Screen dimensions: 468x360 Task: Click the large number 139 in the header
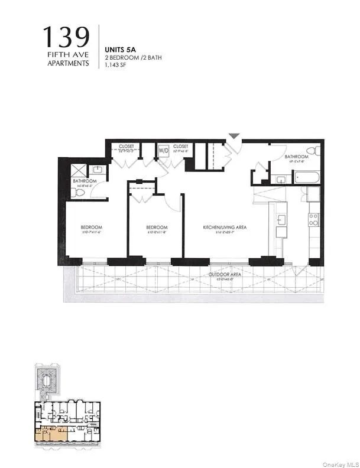click(66, 38)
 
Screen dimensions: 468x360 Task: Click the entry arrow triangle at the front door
click(234, 136)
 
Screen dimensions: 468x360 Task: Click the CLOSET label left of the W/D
click(127, 146)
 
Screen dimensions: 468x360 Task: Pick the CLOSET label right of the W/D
click(181, 146)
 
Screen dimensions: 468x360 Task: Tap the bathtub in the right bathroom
click(306, 177)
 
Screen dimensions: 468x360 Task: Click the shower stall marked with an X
click(79, 170)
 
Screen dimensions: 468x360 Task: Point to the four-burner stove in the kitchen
click(313, 220)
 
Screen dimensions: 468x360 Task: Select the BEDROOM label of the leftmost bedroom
click(92, 227)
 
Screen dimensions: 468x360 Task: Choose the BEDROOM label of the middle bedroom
click(157, 227)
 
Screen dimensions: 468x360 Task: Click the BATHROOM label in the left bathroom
click(85, 181)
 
